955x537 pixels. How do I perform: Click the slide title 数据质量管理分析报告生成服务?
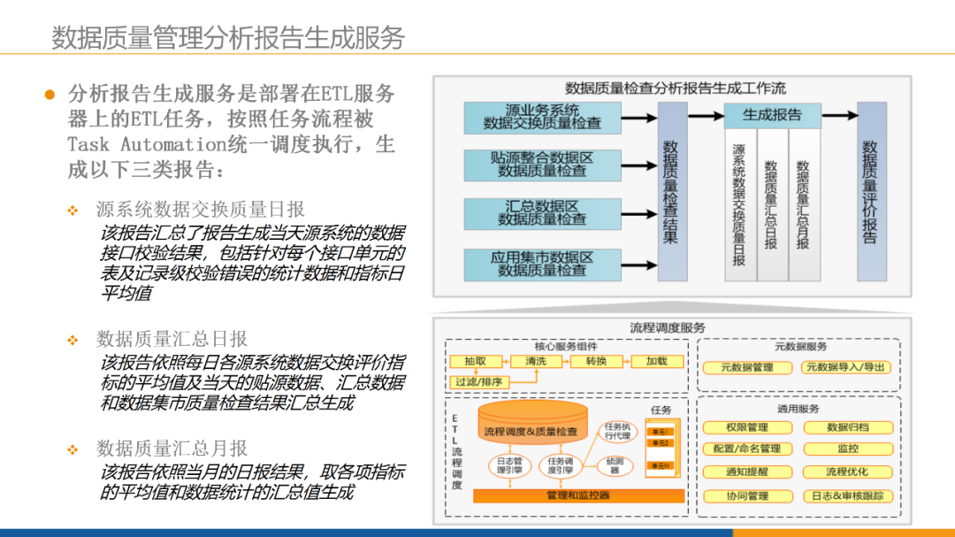click(228, 37)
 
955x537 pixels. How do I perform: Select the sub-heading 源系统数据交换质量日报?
click(200, 209)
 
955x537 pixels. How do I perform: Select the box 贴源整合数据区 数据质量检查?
click(542, 165)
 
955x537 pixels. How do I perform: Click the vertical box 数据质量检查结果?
click(671, 191)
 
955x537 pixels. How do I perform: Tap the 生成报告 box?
click(772, 115)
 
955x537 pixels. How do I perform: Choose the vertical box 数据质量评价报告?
click(871, 191)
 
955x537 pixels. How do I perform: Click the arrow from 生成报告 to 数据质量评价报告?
click(840, 116)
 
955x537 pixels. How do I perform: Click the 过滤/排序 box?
click(479, 382)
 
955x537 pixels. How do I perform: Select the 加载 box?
click(656, 362)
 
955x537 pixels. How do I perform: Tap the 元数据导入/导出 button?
click(846, 367)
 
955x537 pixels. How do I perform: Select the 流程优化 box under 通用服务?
click(847, 472)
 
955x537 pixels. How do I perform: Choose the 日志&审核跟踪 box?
click(847, 496)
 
